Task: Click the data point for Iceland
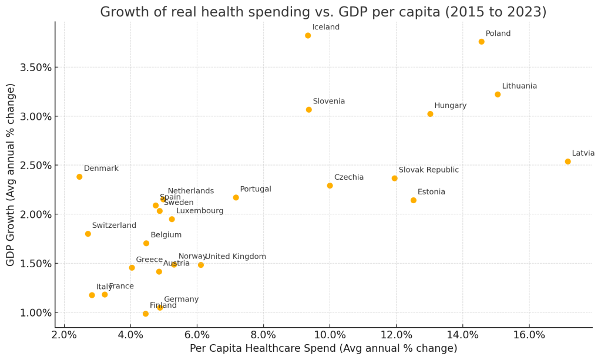308,36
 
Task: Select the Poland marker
481,42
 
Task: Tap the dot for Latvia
568,162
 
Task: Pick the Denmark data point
79,177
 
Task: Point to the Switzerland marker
88,234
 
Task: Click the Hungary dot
430,114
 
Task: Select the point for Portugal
236,197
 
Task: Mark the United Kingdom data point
201,265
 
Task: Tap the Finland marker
146,314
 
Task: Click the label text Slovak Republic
428,170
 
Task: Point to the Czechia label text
348,177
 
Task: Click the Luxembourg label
200,211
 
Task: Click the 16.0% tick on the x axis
529,335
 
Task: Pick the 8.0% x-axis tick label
263,335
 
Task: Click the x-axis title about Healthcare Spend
323,349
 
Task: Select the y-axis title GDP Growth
11,174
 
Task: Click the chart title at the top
323,12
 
